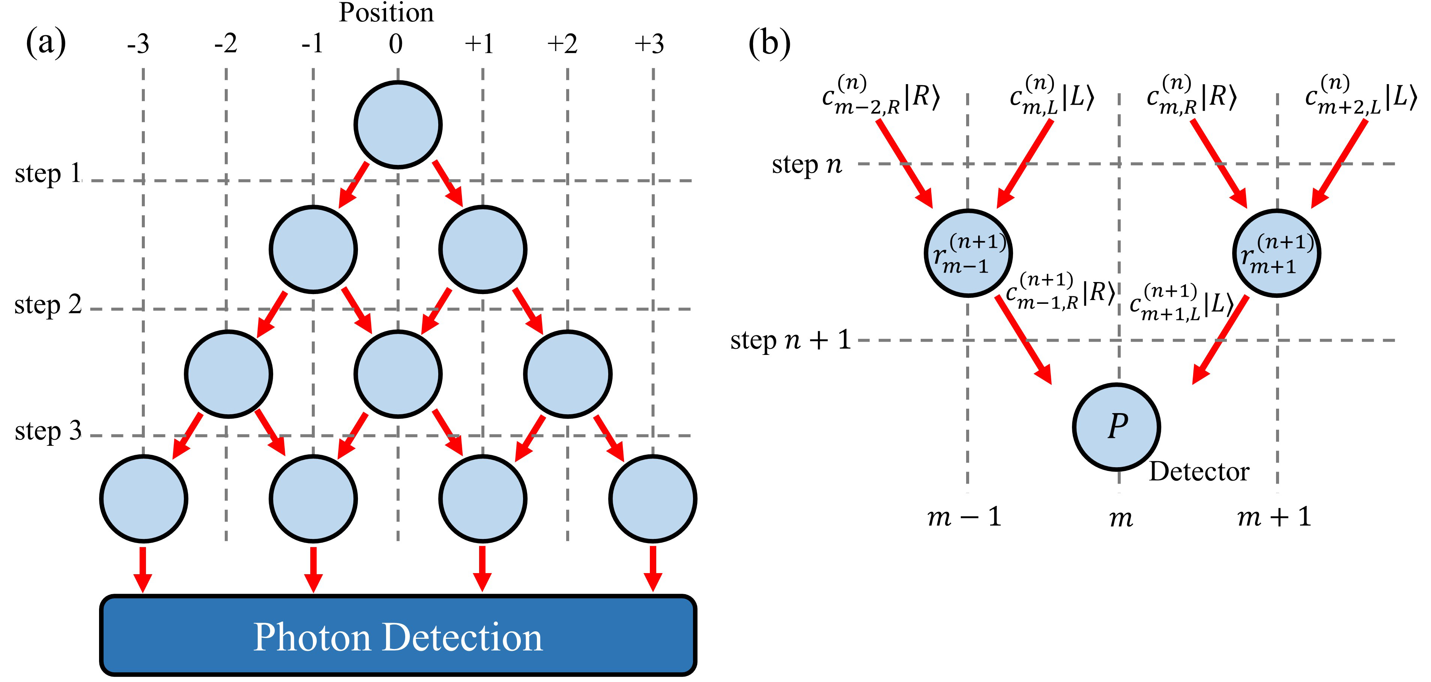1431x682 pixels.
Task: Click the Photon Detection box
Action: point(398,636)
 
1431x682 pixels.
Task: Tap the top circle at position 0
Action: point(398,125)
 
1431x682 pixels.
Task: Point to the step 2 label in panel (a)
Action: point(48,305)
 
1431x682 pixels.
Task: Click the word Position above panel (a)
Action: point(386,12)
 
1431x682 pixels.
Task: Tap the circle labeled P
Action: point(1117,427)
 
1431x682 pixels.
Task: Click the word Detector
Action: point(1199,471)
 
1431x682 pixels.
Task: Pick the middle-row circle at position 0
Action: point(398,374)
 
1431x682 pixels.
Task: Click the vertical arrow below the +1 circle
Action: point(482,568)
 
